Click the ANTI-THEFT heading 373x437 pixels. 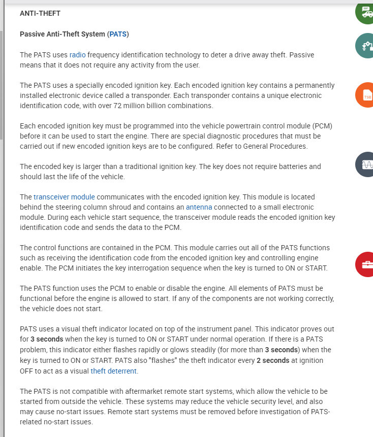[40, 13]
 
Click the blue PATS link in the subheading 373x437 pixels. [118, 34]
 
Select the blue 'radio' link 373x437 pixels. [77, 54]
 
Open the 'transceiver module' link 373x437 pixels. [64, 196]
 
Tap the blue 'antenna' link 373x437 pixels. [199, 207]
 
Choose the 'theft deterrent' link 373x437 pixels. [114, 371]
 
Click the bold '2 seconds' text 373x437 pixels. [273, 360]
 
